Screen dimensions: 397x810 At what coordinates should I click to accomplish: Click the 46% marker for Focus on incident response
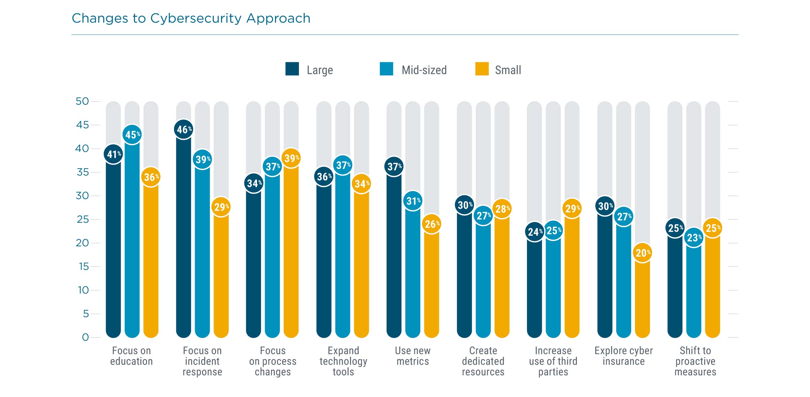(x=184, y=129)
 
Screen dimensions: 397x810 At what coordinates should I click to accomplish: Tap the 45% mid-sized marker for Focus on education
(x=132, y=135)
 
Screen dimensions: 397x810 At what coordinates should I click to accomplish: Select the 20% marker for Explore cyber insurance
(x=642, y=253)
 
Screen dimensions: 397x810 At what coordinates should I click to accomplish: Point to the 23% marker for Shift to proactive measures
(x=694, y=238)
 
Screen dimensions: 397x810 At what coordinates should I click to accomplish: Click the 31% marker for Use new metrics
(x=413, y=201)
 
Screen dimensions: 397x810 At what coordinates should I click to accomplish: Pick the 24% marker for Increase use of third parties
(x=535, y=232)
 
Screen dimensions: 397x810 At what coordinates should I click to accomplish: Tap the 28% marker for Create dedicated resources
(x=502, y=209)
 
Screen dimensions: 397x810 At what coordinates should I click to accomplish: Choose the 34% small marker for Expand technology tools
(x=361, y=184)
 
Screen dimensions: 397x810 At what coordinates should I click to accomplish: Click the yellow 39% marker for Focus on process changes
(x=291, y=158)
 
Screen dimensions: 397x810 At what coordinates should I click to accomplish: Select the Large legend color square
(x=292, y=69)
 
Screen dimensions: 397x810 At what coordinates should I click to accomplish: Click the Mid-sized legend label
(x=424, y=70)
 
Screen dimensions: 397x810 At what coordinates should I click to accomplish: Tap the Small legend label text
(x=508, y=70)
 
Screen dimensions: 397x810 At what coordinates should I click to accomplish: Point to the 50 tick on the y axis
(x=82, y=101)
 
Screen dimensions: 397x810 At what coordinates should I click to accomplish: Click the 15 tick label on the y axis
(x=84, y=266)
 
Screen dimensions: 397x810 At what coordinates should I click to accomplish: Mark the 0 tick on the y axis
(x=85, y=337)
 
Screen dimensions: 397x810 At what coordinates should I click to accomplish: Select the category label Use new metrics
(x=413, y=356)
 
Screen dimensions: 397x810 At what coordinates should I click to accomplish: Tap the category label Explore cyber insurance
(x=623, y=356)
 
